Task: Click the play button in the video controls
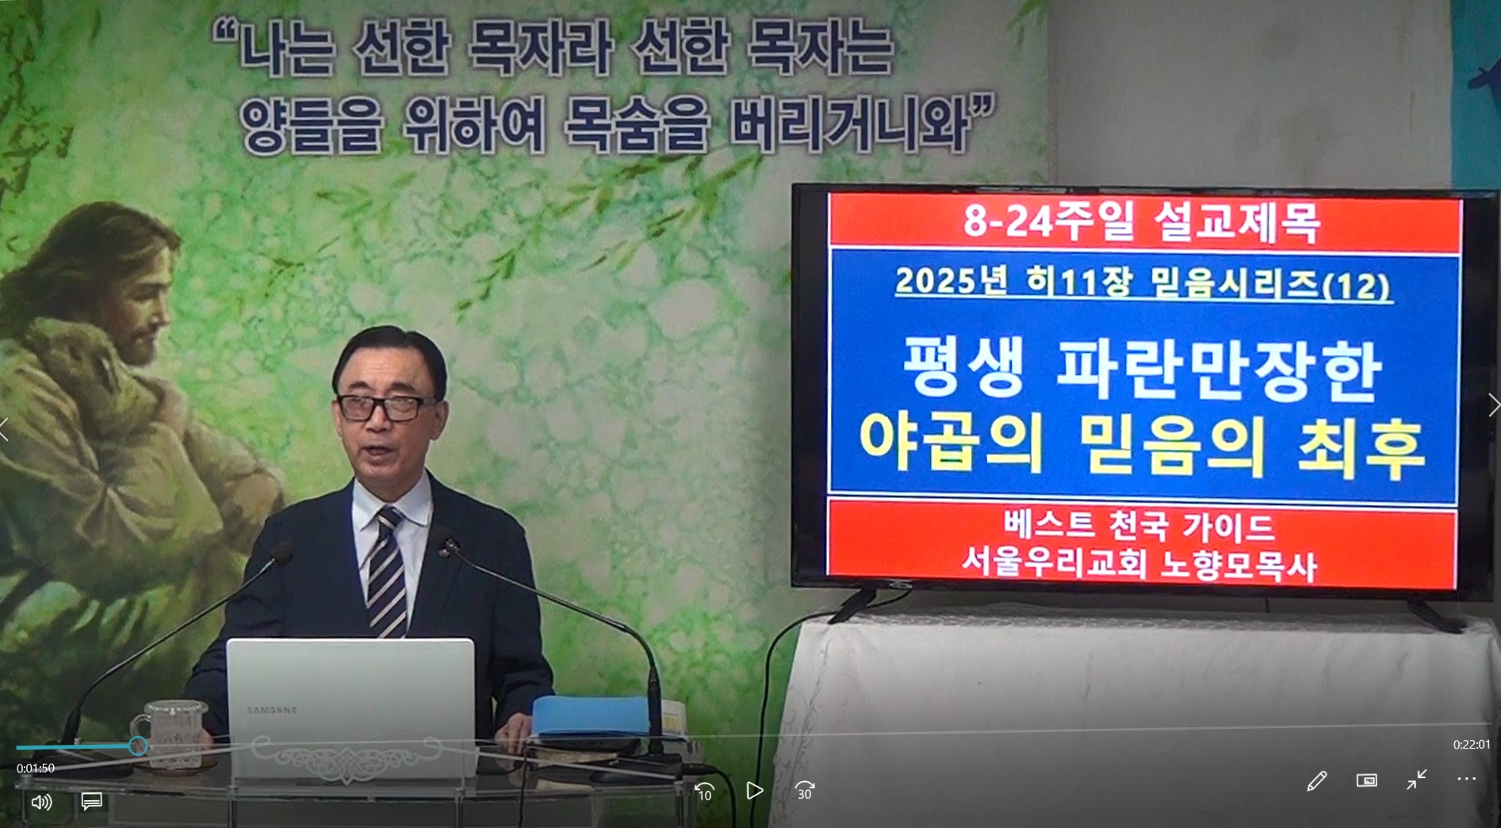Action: [755, 791]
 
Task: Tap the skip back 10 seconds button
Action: [704, 792]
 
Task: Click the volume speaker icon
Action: [41, 802]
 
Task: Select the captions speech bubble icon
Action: [91, 802]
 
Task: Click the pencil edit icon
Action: [1316, 781]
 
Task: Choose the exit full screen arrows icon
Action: [1416, 780]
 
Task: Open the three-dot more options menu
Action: [1466, 780]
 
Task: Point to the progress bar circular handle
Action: [138, 746]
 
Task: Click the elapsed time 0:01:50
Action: [36, 768]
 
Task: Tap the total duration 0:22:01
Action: [1472, 745]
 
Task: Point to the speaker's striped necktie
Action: [387, 572]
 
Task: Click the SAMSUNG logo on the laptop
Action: [272, 710]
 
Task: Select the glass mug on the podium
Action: [172, 734]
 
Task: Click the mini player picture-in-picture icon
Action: [1366, 780]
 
